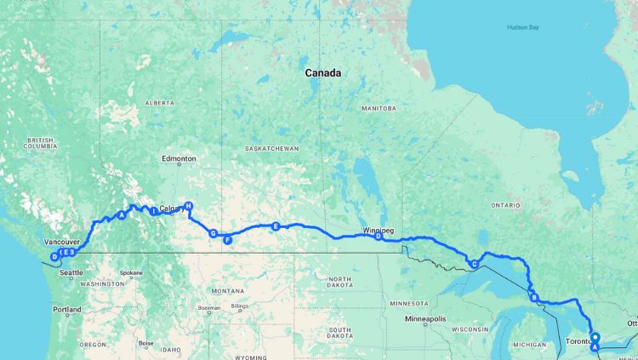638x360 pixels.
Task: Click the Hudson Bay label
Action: click(523, 27)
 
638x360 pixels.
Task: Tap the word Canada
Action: click(323, 73)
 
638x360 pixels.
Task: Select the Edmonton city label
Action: click(179, 159)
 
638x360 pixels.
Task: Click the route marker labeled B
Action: click(534, 297)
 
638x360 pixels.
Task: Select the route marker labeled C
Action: click(473, 265)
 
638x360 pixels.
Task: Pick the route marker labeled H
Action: click(189, 206)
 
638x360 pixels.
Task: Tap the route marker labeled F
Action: click(227, 240)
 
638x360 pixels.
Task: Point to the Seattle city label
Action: click(71, 272)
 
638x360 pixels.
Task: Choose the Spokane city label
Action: click(131, 273)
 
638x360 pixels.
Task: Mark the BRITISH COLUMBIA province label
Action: click(40, 144)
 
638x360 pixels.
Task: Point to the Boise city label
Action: click(147, 343)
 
